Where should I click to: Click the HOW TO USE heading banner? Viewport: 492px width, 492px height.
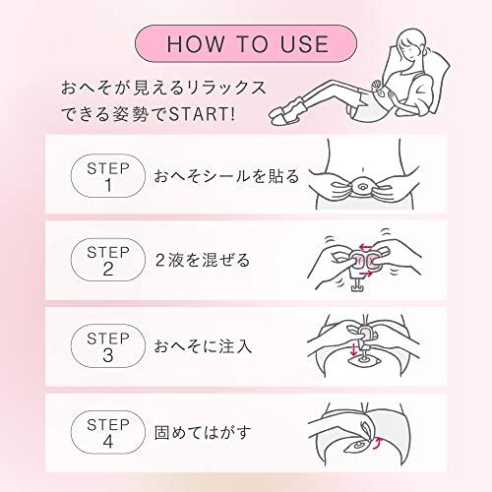click(246, 43)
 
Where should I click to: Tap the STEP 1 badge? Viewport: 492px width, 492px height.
click(108, 176)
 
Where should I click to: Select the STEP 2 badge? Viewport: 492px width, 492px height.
click(108, 260)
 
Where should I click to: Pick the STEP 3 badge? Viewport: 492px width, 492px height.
click(108, 345)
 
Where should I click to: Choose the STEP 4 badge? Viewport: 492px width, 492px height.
click(108, 432)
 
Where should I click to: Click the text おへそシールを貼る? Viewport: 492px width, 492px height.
click(226, 176)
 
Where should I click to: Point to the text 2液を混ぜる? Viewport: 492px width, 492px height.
click(203, 261)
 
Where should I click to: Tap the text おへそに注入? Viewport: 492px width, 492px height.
click(203, 346)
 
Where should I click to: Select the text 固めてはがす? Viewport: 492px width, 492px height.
click(203, 433)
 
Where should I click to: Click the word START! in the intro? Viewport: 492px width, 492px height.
click(203, 114)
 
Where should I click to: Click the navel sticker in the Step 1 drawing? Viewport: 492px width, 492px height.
click(363, 187)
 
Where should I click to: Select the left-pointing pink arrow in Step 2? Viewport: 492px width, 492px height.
click(366, 247)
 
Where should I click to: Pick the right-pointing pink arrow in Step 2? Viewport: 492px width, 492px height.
click(366, 274)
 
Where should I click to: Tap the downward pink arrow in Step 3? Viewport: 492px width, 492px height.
click(353, 350)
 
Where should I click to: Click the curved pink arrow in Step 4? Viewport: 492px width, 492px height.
click(378, 443)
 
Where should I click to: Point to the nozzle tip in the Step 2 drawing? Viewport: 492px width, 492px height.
click(356, 288)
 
